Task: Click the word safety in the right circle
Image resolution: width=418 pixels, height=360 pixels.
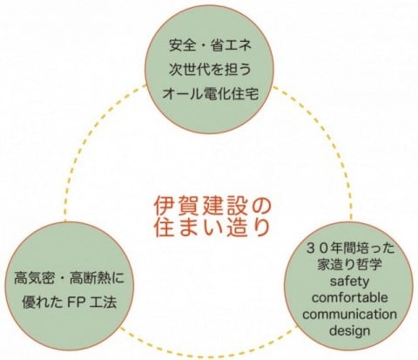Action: click(349, 282)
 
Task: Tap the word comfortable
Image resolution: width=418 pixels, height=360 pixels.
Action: click(349, 297)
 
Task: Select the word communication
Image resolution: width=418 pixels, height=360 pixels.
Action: click(349, 314)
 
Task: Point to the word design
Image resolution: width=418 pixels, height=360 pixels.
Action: click(349, 330)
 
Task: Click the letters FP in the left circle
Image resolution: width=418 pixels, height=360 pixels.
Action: click(77, 302)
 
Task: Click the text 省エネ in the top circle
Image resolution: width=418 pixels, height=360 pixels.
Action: click(231, 45)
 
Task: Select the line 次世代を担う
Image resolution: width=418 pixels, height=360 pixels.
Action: click(210, 70)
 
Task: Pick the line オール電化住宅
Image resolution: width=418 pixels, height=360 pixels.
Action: click(210, 94)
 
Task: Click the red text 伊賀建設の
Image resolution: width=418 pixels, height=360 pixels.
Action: click(212, 207)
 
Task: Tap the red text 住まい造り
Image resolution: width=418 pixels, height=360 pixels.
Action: click(212, 228)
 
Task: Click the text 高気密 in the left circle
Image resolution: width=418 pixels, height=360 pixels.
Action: click(34, 278)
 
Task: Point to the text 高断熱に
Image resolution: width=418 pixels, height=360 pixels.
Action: click(98, 278)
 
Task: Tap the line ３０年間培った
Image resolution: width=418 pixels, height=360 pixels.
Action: click(351, 249)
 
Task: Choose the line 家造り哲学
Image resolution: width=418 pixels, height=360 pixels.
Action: click(349, 265)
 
